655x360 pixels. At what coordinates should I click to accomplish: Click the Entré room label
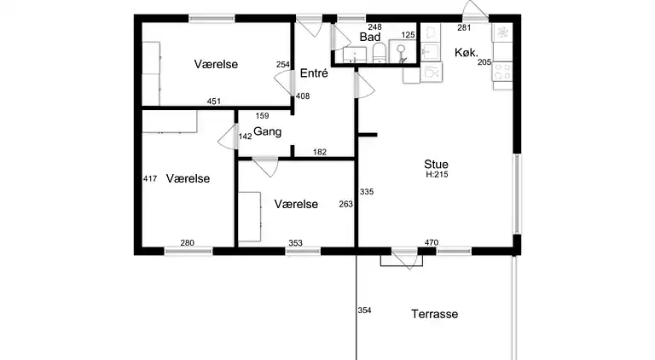[x=314, y=73]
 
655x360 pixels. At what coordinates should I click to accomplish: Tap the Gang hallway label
[x=267, y=131]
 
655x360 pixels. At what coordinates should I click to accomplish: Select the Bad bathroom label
[x=369, y=37]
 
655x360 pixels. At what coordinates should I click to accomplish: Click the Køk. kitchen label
[x=467, y=52]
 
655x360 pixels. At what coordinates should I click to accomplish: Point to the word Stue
[x=436, y=164]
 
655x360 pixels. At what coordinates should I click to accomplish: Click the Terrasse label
[x=434, y=314]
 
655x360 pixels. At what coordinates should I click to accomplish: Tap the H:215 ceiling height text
[x=437, y=175]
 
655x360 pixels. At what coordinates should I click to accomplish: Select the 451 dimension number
[x=214, y=101]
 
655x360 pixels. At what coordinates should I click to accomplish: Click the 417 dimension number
[x=150, y=179]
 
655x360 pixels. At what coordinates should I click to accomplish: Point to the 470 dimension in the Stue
[x=432, y=242]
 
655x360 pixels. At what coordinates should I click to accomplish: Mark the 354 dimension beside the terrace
[x=364, y=311]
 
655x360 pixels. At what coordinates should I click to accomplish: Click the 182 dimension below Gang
[x=320, y=152]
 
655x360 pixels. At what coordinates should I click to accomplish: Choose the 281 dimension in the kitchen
[x=464, y=27]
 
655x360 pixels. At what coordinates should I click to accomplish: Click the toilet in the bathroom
[x=379, y=53]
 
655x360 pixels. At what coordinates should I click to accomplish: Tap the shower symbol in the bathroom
[x=403, y=52]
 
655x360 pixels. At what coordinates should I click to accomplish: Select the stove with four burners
[x=502, y=72]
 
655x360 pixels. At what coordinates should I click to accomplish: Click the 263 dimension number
[x=346, y=204]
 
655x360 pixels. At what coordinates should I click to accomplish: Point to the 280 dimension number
[x=187, y=242]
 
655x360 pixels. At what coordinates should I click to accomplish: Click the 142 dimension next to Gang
[x=246, y=136]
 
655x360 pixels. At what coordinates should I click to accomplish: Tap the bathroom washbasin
[x=355, y=55]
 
